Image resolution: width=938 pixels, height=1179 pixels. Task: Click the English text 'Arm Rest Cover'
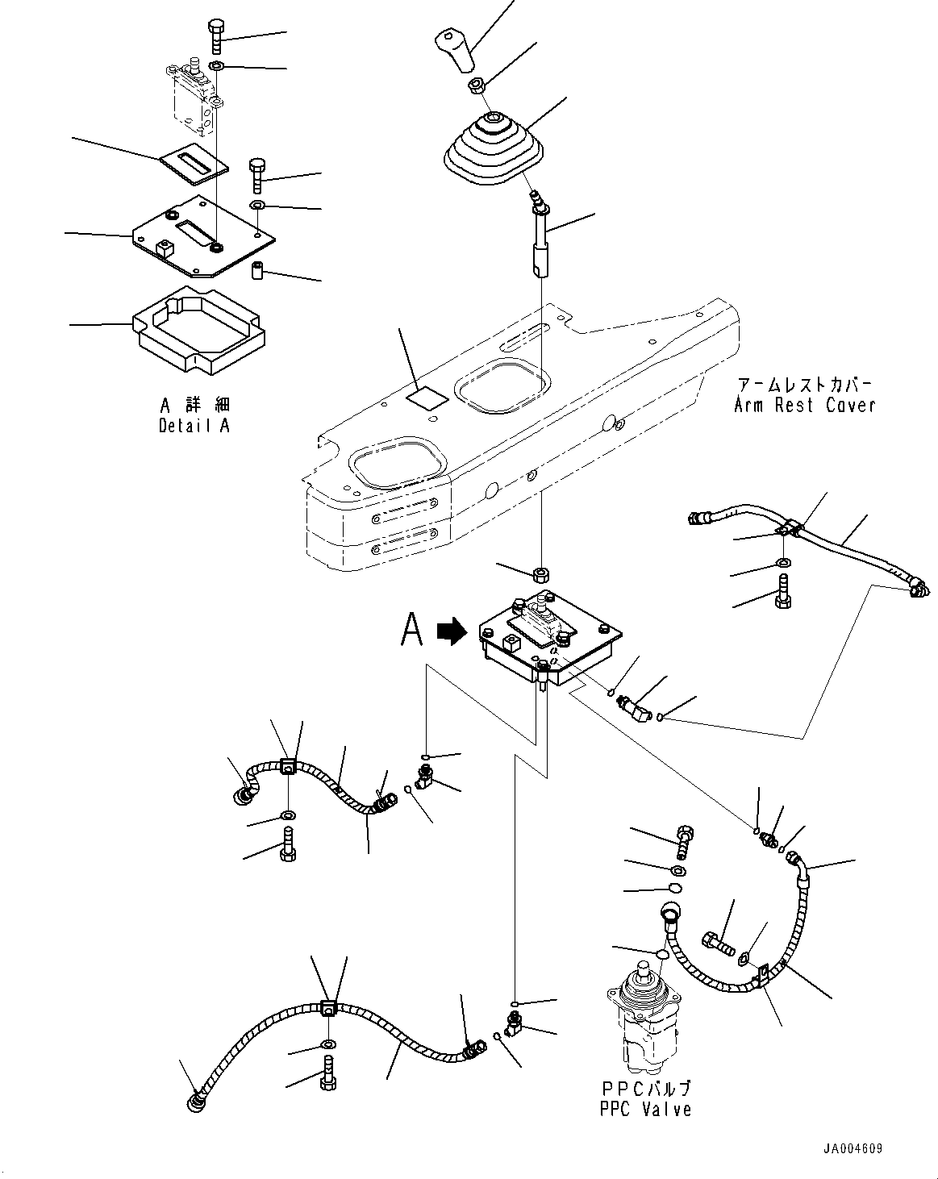pyautogui.click(x=804, y=405)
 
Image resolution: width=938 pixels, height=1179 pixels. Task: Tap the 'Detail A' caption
pyautogui.click(x=194, y=425)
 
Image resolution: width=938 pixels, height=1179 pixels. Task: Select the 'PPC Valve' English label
pyautogui.click(x=644, y=1110)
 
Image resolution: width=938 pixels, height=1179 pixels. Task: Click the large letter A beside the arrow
pyautogui.click(x=412, y=630)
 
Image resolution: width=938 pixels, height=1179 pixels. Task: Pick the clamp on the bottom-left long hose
pyautogui.click(x=328, y=1007)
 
